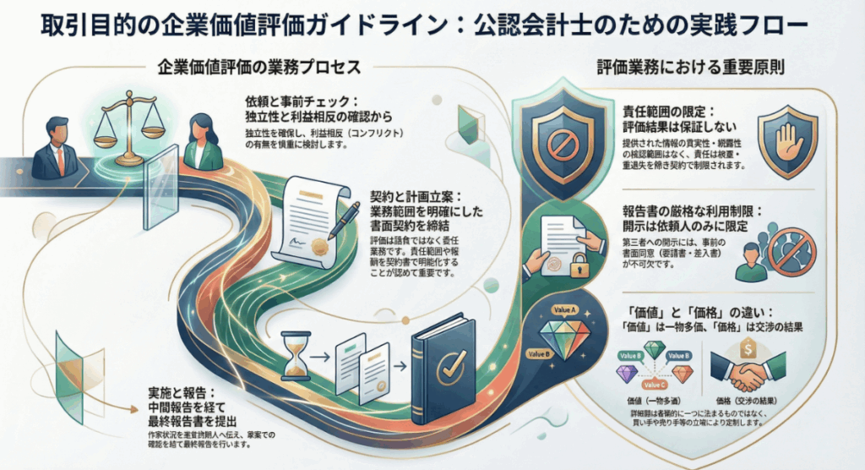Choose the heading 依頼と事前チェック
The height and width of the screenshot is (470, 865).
pos(299,99)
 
